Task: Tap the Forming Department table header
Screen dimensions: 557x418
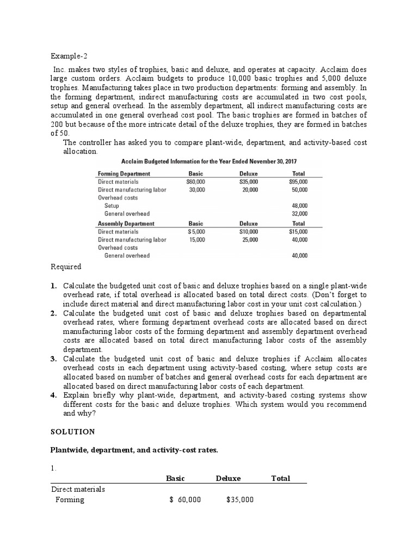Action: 124,174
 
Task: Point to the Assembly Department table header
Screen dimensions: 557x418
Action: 126,223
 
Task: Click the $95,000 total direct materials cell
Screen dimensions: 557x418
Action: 298,182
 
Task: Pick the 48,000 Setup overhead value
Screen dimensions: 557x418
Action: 299,206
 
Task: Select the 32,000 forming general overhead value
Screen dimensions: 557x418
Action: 299,214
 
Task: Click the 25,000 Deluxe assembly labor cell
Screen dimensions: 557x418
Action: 250,239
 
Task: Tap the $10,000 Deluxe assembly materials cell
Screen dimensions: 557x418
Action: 249,231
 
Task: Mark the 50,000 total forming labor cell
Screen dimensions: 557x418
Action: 299,190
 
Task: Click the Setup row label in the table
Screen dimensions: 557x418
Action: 112,206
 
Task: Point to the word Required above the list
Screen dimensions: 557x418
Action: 66,267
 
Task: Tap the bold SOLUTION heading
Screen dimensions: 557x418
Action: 72,431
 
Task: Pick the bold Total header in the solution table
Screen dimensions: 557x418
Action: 280,478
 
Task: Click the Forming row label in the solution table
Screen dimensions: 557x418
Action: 70,500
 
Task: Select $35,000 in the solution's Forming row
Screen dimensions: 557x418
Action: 239,500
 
